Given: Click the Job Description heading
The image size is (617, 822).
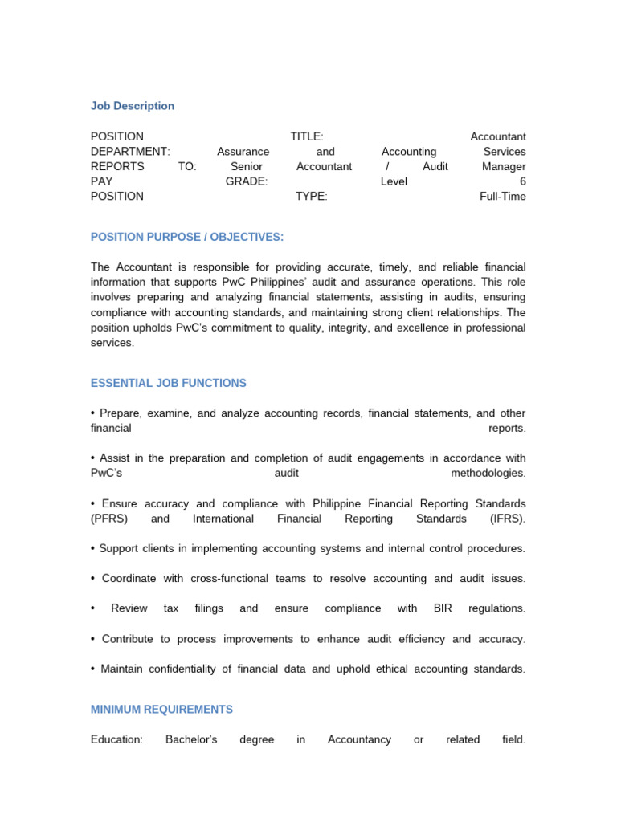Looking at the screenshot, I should [x=133, y=106].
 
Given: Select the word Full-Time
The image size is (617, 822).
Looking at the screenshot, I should [x=502, y=197].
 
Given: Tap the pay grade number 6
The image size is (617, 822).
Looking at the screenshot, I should [x=522, y=181].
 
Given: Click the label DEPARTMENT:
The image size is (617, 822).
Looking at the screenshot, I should [x=130, y=152].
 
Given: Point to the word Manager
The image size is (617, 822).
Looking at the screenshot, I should [x=504, y=167].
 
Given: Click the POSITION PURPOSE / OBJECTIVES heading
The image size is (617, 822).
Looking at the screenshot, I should [x=187, y=237].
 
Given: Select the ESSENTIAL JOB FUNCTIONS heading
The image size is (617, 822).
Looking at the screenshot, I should [x=169, y=384].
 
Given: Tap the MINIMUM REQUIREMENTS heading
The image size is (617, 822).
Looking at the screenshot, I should [x=161, y=710].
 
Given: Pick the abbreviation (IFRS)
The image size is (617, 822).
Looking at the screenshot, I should [x=507, y=519].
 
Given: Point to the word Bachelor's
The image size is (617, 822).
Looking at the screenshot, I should [x=191, y=739].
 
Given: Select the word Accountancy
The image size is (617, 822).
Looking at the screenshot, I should [x=359, y=739].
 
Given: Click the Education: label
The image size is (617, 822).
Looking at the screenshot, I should [x=116, y=739].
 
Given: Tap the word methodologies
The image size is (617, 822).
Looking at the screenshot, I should [x=488, y=474].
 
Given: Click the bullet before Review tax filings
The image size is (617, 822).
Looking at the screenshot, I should [x=93, y=608].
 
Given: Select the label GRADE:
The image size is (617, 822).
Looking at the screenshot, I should [x=247, y=181].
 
